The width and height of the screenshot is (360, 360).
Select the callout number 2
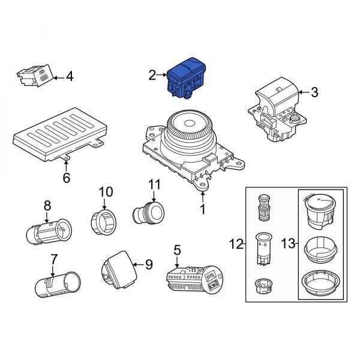(152, 74)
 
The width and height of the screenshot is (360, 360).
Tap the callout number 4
(70, 76)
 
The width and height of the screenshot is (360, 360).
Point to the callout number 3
(314, 92)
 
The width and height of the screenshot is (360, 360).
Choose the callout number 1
(203, 209)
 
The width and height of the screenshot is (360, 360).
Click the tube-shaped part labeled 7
(57, 282)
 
